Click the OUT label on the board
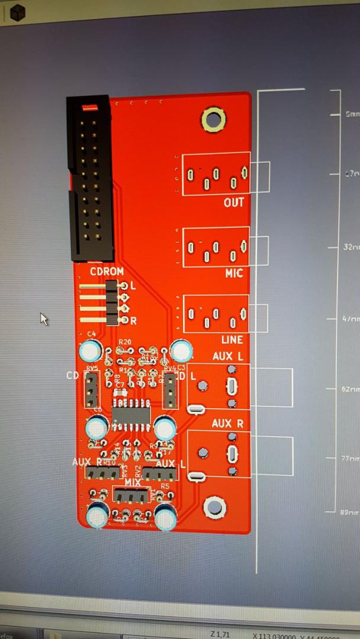click(x=233, y=202)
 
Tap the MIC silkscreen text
click(x=233, y=274)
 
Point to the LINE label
click(x=232, y=340)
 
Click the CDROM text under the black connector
click(x=107, y=272)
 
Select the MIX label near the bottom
click(x=133, y=482)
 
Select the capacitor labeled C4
click(x=91, y=351)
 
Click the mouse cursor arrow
click(x=43, y=318)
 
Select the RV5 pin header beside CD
click(x=92, y=390)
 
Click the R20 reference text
click(x=124, y=342)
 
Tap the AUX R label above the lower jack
click(x=227, y=424)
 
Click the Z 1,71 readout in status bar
click(x=220, y=634)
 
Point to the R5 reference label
click(x=165, y=486)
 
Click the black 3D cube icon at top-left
click(x=19, y=11)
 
